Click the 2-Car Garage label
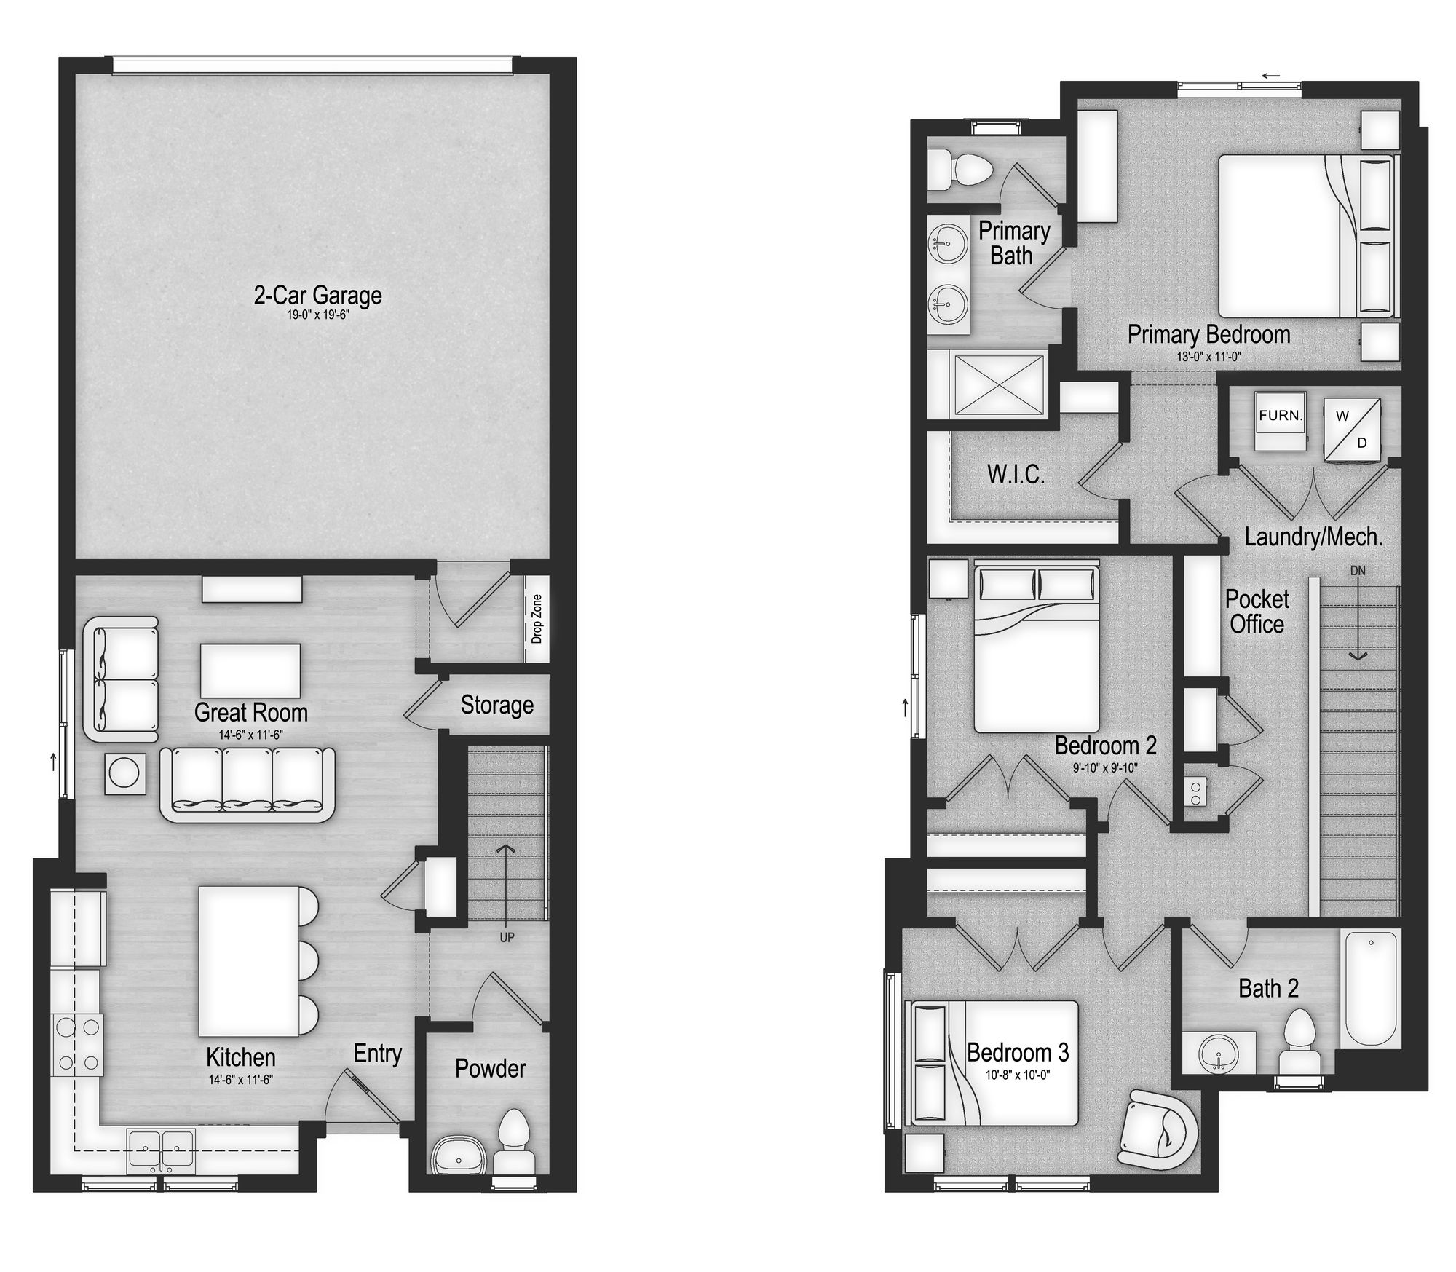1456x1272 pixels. click(317, 296)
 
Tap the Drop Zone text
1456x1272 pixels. click(537, 619)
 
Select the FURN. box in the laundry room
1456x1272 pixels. click(1281, 416)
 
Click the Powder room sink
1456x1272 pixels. click(456, 1156)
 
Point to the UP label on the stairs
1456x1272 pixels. click(507, 937)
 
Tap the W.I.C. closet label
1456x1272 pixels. click(1016, 475)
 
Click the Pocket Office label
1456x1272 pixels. click(1257, 612)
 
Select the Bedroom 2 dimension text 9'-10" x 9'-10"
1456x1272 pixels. click(1104, 767)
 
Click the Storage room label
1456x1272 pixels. click(496, 705)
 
